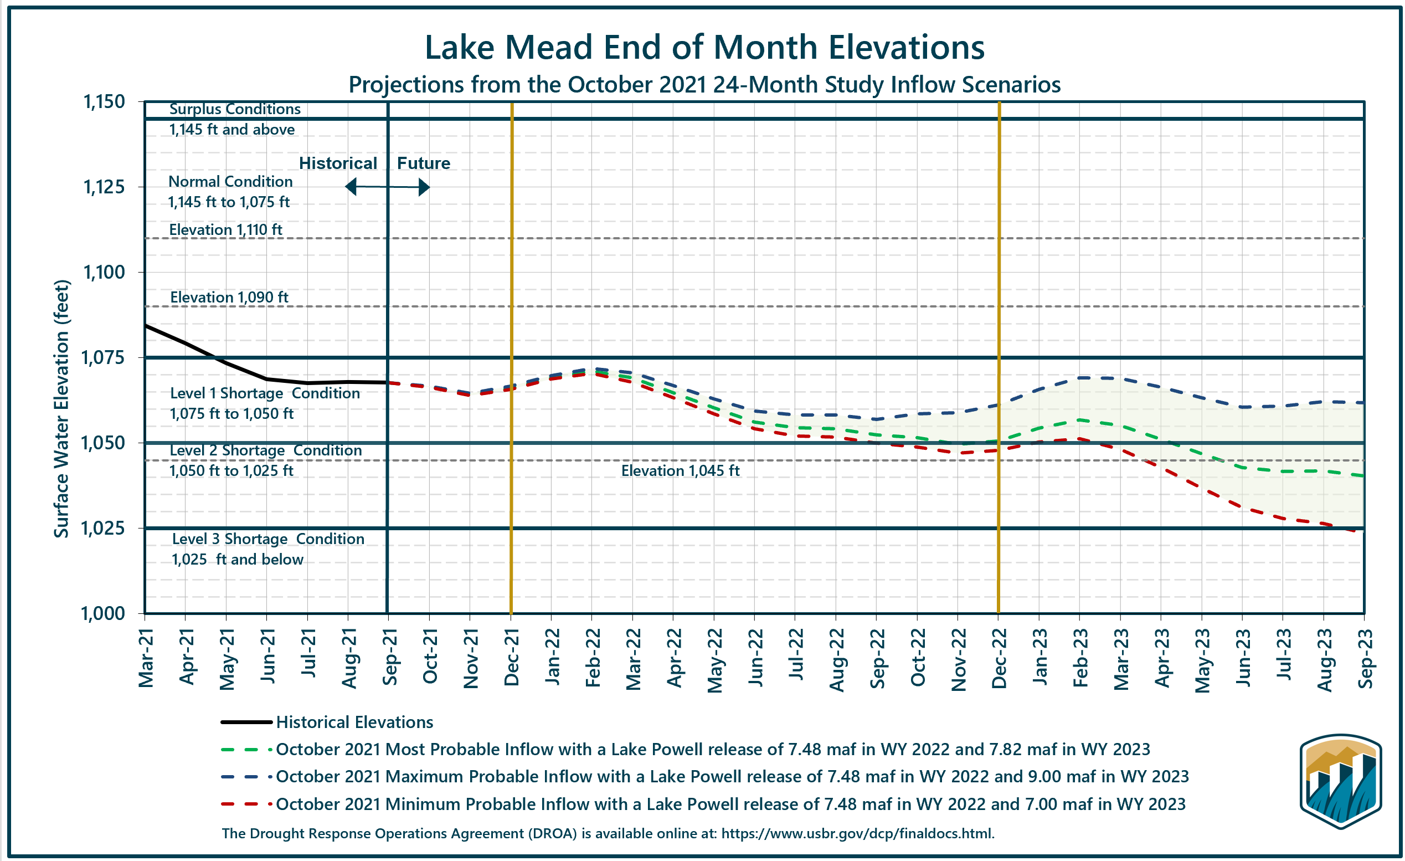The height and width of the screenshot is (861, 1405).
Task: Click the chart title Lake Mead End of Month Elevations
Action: (x=704, y=47)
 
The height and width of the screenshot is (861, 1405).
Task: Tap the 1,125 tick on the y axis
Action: (x=104, y=187)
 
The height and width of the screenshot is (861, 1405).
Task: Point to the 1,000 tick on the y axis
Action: (x=104, y=614)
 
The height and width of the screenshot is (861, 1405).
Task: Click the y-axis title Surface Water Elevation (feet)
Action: (x=61, y=408)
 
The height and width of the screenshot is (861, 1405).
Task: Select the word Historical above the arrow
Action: (x=338, y=164)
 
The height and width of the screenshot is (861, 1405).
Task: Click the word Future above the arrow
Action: (x=424, y=164)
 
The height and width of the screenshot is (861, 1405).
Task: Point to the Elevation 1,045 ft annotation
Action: (x=680, y=471)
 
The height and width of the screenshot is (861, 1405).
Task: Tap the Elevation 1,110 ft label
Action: (x=226, y=230)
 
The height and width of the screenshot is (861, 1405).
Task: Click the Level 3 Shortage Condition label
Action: (x=268, y=539)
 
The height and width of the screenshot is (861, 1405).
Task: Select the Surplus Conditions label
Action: (x=235, y=109)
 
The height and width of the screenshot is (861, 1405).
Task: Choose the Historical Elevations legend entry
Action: (x=354, y=722)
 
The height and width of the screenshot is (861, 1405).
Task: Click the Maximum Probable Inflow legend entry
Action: (x=732, y=777)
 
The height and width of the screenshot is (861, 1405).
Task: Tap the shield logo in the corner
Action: (x=1341, y=781)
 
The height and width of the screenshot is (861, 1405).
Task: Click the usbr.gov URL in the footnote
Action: (x=857, y=834)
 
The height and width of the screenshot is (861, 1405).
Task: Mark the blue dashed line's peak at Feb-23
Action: (x=1080, y=378)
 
